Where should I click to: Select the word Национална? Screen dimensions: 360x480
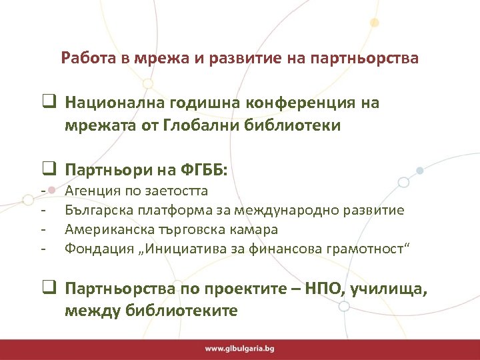click(x=107, y=103)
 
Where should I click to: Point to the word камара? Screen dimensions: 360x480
click(x=255, y=229)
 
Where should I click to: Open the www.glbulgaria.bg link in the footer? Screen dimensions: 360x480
click(x=239, y=349)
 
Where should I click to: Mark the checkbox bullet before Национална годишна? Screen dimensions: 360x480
click(x=49, y=103)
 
